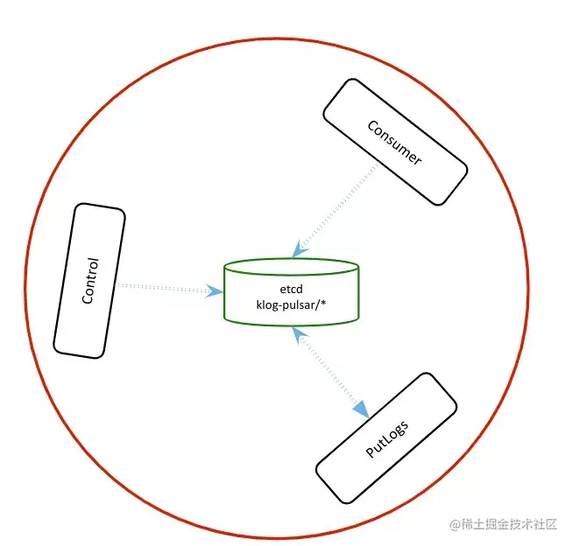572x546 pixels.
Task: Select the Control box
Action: click(89, 280)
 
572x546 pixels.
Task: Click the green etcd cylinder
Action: click(291, 291)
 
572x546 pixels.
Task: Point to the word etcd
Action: click(291, 287)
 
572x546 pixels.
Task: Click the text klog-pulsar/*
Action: click(291, 303)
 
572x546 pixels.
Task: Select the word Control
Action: click(89, 280)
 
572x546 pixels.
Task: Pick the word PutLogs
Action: click(386, 437)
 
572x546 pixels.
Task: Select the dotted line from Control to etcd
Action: click(162, 287)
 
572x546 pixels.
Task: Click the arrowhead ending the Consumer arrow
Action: click(300, 248)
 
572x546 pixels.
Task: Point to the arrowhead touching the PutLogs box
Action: click(360, 409)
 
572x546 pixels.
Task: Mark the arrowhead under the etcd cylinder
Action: click(297, 332)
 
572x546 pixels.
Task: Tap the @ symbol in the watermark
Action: click(455, 525)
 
